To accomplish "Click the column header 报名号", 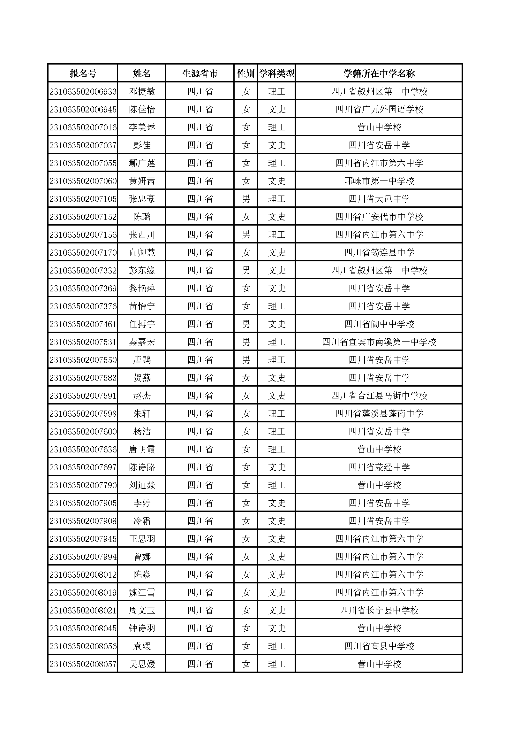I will (x=83, y=73).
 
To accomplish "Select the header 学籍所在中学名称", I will (x=379, y=73).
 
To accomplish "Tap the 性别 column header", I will (x=246, y=73).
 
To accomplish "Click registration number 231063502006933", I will (x=83, y=92).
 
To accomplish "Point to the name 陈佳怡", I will (x=142, y=110).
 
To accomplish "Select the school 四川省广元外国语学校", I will (x=379, y=110).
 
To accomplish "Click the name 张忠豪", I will (x=142, y=199).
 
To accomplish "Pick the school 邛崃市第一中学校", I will (x=379, y=181).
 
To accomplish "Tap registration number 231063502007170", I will (x=83, y=253).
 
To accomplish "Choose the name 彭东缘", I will (x=142, y=271).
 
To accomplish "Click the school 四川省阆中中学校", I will (x=379, y=324).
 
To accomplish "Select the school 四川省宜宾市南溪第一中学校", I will (x=379, y=342).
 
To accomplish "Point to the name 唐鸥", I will (x=142, y=360).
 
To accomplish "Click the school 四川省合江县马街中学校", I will (x=379, y=396).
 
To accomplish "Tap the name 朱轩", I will (x=142, y=414).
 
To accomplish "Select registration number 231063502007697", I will (x=83, y=467).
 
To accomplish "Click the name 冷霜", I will (x=142, y=521).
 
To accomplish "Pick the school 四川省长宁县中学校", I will (x=379, y=611).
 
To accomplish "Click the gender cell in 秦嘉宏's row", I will (x=246, y=342).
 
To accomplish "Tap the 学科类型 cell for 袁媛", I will (x=277, y=646).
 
